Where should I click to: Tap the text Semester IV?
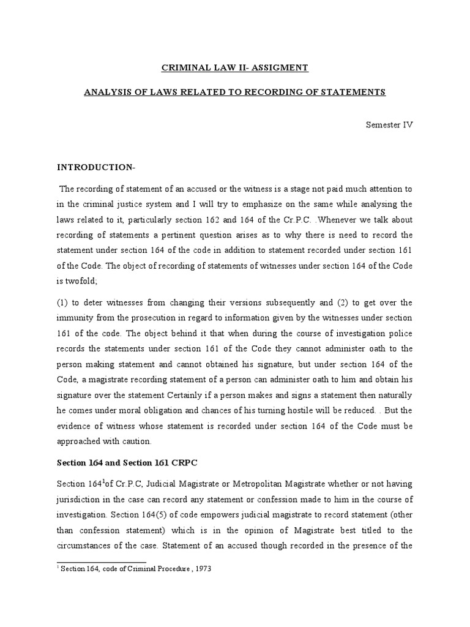[x=390, y=124]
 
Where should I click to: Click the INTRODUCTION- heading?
[x=91, y=167]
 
